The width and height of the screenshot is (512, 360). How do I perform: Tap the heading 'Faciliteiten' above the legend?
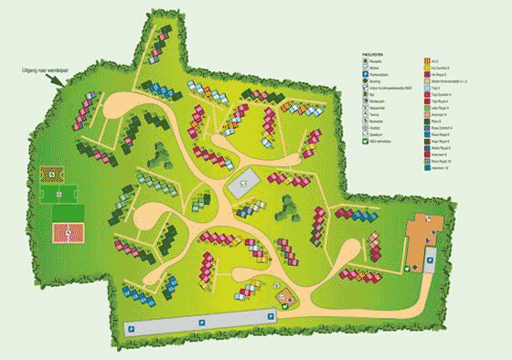(370, 54)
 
